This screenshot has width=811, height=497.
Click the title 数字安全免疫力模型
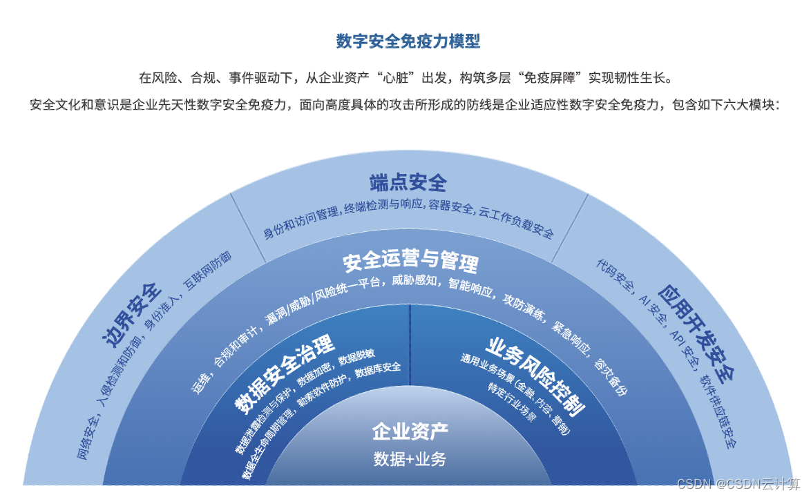coord(408,41)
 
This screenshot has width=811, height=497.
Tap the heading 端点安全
coord(408,183)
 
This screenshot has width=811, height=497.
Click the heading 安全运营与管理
coord(410,263)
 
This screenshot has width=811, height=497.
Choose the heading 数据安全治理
coord(284,373)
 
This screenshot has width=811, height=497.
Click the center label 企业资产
coord(410,433)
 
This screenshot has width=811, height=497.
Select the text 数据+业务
coord(410,459)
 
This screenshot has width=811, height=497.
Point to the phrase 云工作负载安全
coord(517,222)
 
